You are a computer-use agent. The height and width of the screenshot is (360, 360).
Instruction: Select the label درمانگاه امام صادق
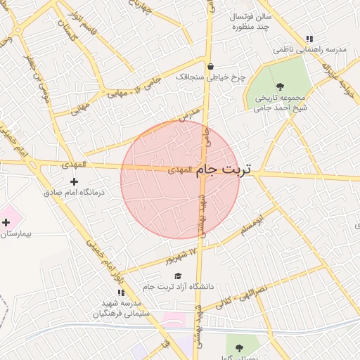tap(74, 191)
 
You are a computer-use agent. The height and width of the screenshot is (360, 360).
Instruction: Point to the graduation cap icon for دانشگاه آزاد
tap(178, 276)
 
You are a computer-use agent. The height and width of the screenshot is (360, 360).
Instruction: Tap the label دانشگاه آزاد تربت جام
tap(178, 286)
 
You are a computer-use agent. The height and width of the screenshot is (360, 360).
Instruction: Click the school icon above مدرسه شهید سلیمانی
tap(121, 292)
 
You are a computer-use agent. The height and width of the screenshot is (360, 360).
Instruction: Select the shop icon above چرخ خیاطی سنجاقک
tap(210, 68)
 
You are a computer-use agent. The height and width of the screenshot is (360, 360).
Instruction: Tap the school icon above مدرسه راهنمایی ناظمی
tap(309, 39)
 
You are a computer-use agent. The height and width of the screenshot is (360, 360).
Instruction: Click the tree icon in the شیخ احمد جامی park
tap(280, 86)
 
